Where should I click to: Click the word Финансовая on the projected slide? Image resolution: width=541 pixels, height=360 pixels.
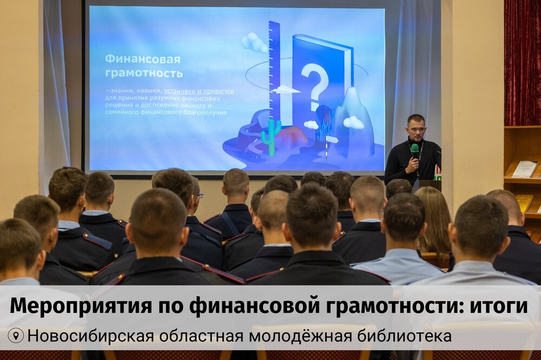click(142, 59)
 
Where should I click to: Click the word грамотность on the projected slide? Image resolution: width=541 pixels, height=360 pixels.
click(143, 73)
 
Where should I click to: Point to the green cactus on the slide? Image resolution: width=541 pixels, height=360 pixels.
click(270, 136)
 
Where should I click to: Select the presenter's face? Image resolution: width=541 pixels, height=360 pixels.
click(416, 128)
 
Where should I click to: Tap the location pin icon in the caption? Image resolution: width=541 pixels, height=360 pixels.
click(15, 336)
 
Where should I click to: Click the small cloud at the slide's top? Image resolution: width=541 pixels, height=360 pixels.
click(254, 43)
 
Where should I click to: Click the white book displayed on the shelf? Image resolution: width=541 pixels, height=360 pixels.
click(524, 169)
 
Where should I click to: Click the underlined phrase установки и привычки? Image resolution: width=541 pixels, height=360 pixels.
click(199, 91)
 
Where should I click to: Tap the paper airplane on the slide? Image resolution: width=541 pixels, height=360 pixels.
click(285, 89)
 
